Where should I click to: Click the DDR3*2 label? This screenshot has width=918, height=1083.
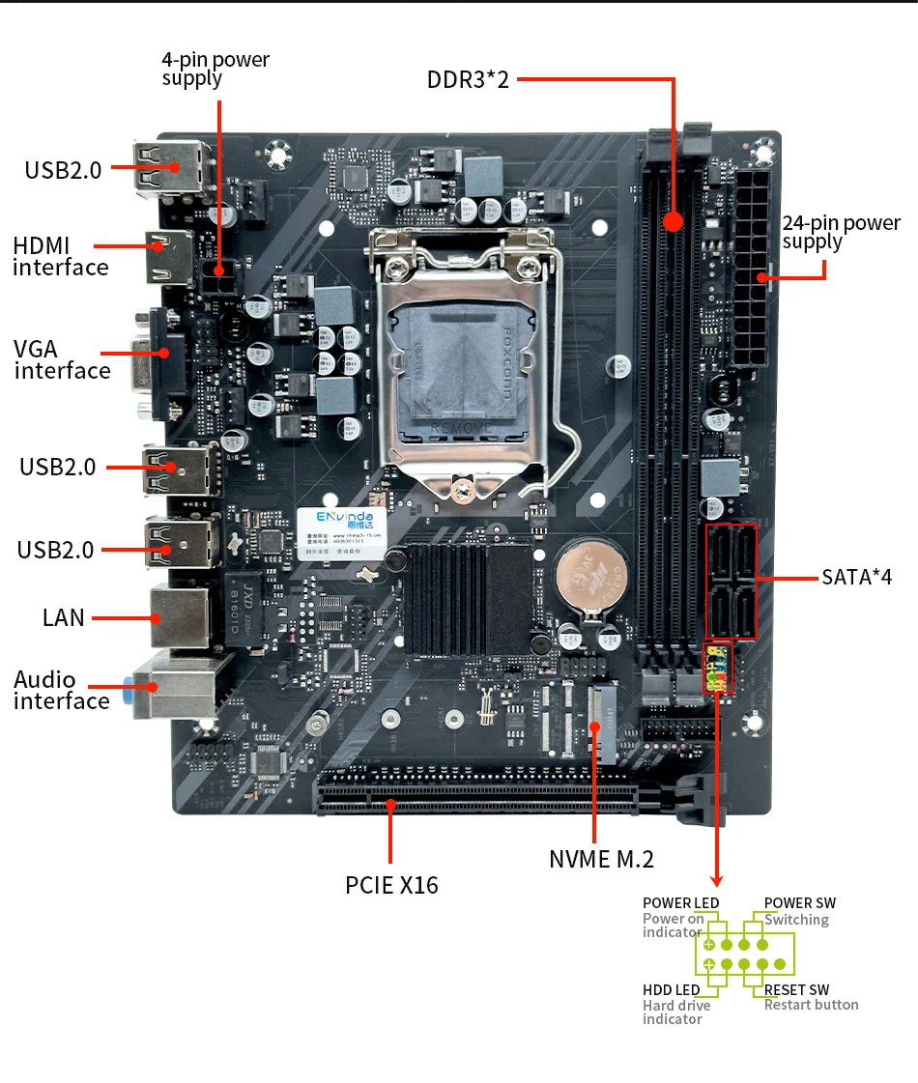coord(468,79)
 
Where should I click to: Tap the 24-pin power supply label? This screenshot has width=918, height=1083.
coord(841,232)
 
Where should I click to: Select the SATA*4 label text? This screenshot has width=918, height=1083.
coord(856,578)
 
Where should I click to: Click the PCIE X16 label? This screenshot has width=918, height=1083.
coord(391,884)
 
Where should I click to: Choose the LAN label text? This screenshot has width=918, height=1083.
coord(64,617)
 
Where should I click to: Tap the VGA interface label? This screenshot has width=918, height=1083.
coord(62,359)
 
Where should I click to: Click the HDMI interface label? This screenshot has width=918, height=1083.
coord(60,257)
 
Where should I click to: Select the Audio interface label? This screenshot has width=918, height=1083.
coord(61,691)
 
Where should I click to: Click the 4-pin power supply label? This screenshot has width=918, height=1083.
coord(215,69)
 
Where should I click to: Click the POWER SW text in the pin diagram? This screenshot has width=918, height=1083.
coord(799,903)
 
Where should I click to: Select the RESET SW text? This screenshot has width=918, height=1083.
coord(796,990)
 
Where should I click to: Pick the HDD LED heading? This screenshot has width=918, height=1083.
coord(671,990)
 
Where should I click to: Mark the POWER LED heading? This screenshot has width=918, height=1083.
coord(680,903)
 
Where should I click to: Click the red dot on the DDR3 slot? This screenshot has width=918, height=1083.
coord(674,221)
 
